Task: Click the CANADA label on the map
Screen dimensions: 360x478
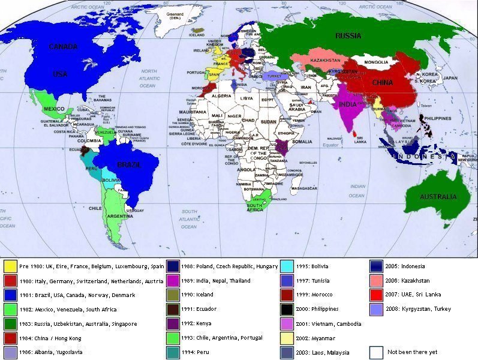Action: (63, 47)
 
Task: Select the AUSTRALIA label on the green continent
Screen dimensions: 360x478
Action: (438, 197)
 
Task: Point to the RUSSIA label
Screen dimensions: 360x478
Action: (348, 36)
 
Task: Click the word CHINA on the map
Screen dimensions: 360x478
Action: (381, 82)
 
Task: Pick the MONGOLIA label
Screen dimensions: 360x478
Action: (376, 62)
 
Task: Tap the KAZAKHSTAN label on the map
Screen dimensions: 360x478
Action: (326, 61)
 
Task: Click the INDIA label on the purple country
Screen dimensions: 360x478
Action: (347, 104)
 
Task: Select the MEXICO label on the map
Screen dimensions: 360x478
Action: (54, 109)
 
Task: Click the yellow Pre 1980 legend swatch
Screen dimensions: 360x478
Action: (10, 266)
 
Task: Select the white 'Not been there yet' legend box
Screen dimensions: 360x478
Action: (376, 352)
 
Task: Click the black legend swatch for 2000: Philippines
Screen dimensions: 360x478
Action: (287, 309)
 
